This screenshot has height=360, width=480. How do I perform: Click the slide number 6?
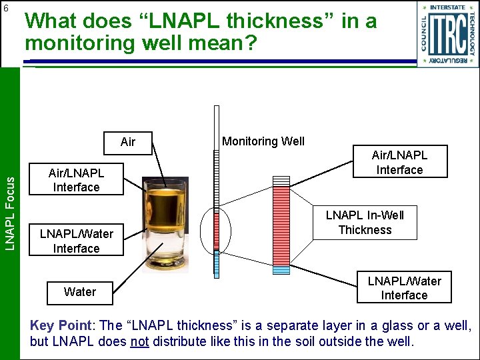(6, 8)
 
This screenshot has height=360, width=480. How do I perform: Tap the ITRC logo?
(448, 34)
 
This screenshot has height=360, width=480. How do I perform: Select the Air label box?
(128, 141)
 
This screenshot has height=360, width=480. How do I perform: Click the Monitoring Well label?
(263, 141)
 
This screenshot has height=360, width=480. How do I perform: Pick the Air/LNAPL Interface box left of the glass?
(76, 180)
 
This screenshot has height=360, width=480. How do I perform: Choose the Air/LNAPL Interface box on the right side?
(399, 162)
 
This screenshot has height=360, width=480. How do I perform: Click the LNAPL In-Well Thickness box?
(365, 222)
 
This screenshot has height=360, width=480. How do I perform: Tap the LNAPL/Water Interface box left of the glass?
(76, 241)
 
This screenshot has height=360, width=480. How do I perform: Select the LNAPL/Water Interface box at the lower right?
(404, 287)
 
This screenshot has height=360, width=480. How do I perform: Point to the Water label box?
(80, 291)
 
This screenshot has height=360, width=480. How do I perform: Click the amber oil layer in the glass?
(165, 203)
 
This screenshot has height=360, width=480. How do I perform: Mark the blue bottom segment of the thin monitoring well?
(216, 263)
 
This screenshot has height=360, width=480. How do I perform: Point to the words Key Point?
(61, 326)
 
